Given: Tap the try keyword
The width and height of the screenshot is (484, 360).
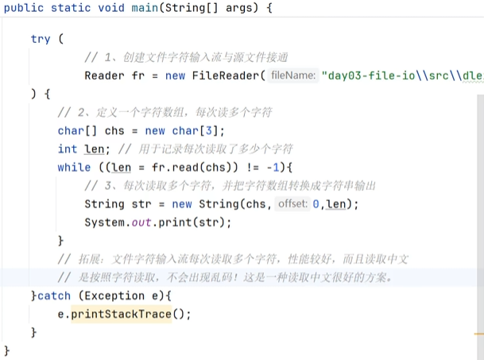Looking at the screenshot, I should (x=41, y=39).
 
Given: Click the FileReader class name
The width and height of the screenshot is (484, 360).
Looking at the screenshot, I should (x=226, y=76).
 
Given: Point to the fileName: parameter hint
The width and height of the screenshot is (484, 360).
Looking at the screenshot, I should (x=293, y=76).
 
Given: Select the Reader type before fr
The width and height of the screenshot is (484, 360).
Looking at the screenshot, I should (x=104, y=76).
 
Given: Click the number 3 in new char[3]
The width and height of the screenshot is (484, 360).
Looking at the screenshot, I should (x=211, y=130).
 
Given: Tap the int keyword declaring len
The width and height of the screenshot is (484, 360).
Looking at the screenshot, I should (x=68, y=149).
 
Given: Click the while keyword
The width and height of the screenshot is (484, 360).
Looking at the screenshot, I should (x=74, y=167).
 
